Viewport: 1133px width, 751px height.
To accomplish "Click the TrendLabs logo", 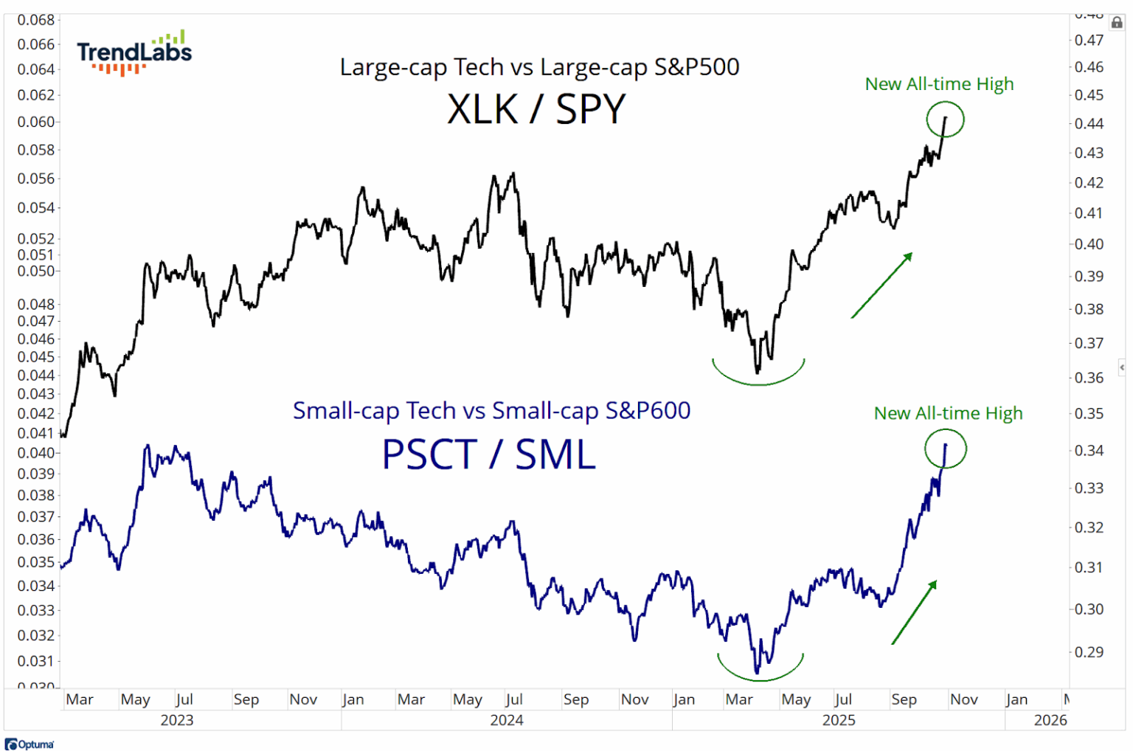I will pos(134,53).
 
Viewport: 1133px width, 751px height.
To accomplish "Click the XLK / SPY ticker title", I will pos(536,109).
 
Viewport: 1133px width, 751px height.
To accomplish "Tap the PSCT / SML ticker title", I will pos(488,454).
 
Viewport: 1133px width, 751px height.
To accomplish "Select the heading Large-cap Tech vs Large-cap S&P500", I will pos(539,67).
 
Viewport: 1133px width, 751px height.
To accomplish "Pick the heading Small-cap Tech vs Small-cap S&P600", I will pos(491,410).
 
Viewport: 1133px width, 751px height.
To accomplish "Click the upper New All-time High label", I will pos(939,84).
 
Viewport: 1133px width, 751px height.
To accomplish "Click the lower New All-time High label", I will pos(948,413).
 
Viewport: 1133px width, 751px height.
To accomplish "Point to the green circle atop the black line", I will pos(945,119).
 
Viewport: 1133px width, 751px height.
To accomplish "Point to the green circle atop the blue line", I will pos(945,449).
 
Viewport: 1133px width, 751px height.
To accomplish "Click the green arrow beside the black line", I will pos(882,285).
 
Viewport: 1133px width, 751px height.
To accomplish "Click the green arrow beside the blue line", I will pos(915,612).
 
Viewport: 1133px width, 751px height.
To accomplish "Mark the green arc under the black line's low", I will pos(758,376).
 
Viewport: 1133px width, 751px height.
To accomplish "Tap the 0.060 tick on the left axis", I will pos(37,122).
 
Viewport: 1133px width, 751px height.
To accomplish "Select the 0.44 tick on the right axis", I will pos(1089,123).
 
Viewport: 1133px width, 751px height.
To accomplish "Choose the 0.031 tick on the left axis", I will pos(37,661).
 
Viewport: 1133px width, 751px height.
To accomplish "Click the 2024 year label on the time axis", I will pos(507,720).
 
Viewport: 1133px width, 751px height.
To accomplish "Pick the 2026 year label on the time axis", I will pos(1050,720).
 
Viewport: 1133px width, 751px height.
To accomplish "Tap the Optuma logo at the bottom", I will pos(30,744).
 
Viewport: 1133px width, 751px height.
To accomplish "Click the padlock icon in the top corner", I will pos(1117,23).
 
